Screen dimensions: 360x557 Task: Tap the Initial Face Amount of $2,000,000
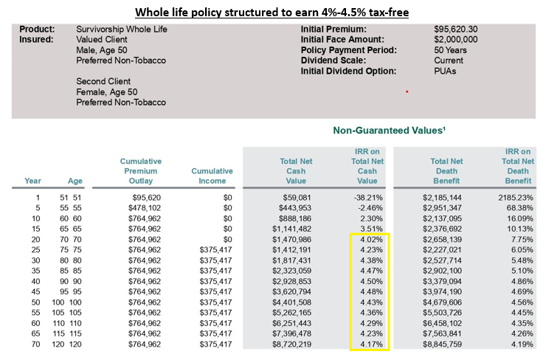[457, 39]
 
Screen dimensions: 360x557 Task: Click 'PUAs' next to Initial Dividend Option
[447, 71]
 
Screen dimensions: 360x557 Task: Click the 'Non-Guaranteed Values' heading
[389, 131]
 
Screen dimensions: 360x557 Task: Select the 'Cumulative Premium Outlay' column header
[141, 171]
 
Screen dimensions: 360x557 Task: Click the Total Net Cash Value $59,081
[297, 198]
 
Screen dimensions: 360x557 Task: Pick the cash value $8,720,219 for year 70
[291, 343]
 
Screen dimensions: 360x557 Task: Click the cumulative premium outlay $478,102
[143, 208]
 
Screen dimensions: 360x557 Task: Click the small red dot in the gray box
[406, 91]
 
